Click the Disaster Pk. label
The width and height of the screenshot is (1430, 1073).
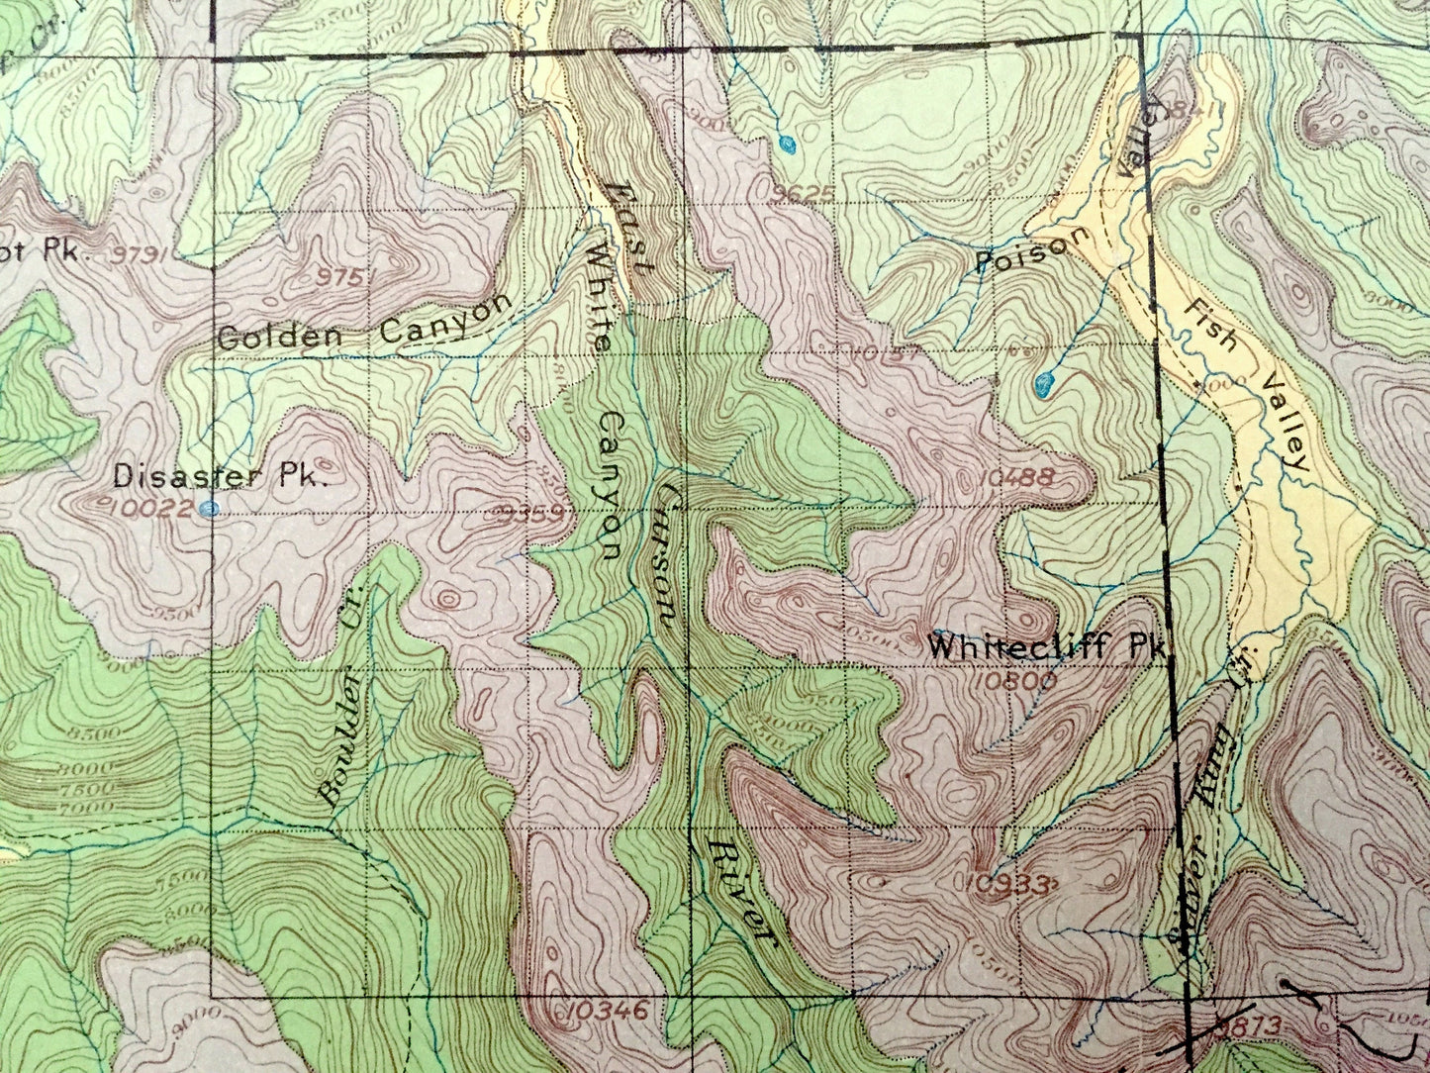click(220, 475)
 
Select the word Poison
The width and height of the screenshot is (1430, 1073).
click(1022, 256)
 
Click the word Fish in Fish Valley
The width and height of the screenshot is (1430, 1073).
click(1208, 326)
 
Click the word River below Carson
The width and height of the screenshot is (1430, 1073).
click(740, 887)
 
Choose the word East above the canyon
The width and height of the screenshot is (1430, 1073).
click(629, 228)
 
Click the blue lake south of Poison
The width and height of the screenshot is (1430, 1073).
click(1043, 383)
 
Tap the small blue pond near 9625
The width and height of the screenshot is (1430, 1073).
click(787, 145)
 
